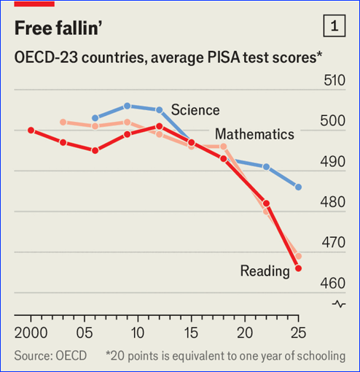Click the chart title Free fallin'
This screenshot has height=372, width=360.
click(58, 28)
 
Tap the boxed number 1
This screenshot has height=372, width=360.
click(334, 26)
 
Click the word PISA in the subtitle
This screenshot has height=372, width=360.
click(224, 58)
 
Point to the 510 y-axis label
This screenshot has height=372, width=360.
click(334, 80)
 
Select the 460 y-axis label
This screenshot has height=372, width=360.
click(332, 283)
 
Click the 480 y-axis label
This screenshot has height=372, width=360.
click(332, 202)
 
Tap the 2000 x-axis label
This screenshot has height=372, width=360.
click(31, 333)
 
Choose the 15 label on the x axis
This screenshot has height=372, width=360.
click(191, 333)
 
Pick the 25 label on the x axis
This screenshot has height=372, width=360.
click(298, 333)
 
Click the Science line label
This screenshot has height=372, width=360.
click(195, 110)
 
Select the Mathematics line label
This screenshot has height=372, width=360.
click(254, 134)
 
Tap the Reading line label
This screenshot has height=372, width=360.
click(265, 271)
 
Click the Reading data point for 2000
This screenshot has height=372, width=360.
click(31, 131)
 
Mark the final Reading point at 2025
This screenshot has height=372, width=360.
click(298, 268)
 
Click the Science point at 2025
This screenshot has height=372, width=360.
click(298, 187)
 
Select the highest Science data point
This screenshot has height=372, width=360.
click(127, 106)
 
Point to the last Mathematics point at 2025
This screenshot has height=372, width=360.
click(298, 256)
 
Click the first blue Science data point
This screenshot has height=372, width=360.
click(95, 118)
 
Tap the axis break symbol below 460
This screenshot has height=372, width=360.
click(339, 304)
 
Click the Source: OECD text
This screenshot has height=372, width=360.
click(50, 356)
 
